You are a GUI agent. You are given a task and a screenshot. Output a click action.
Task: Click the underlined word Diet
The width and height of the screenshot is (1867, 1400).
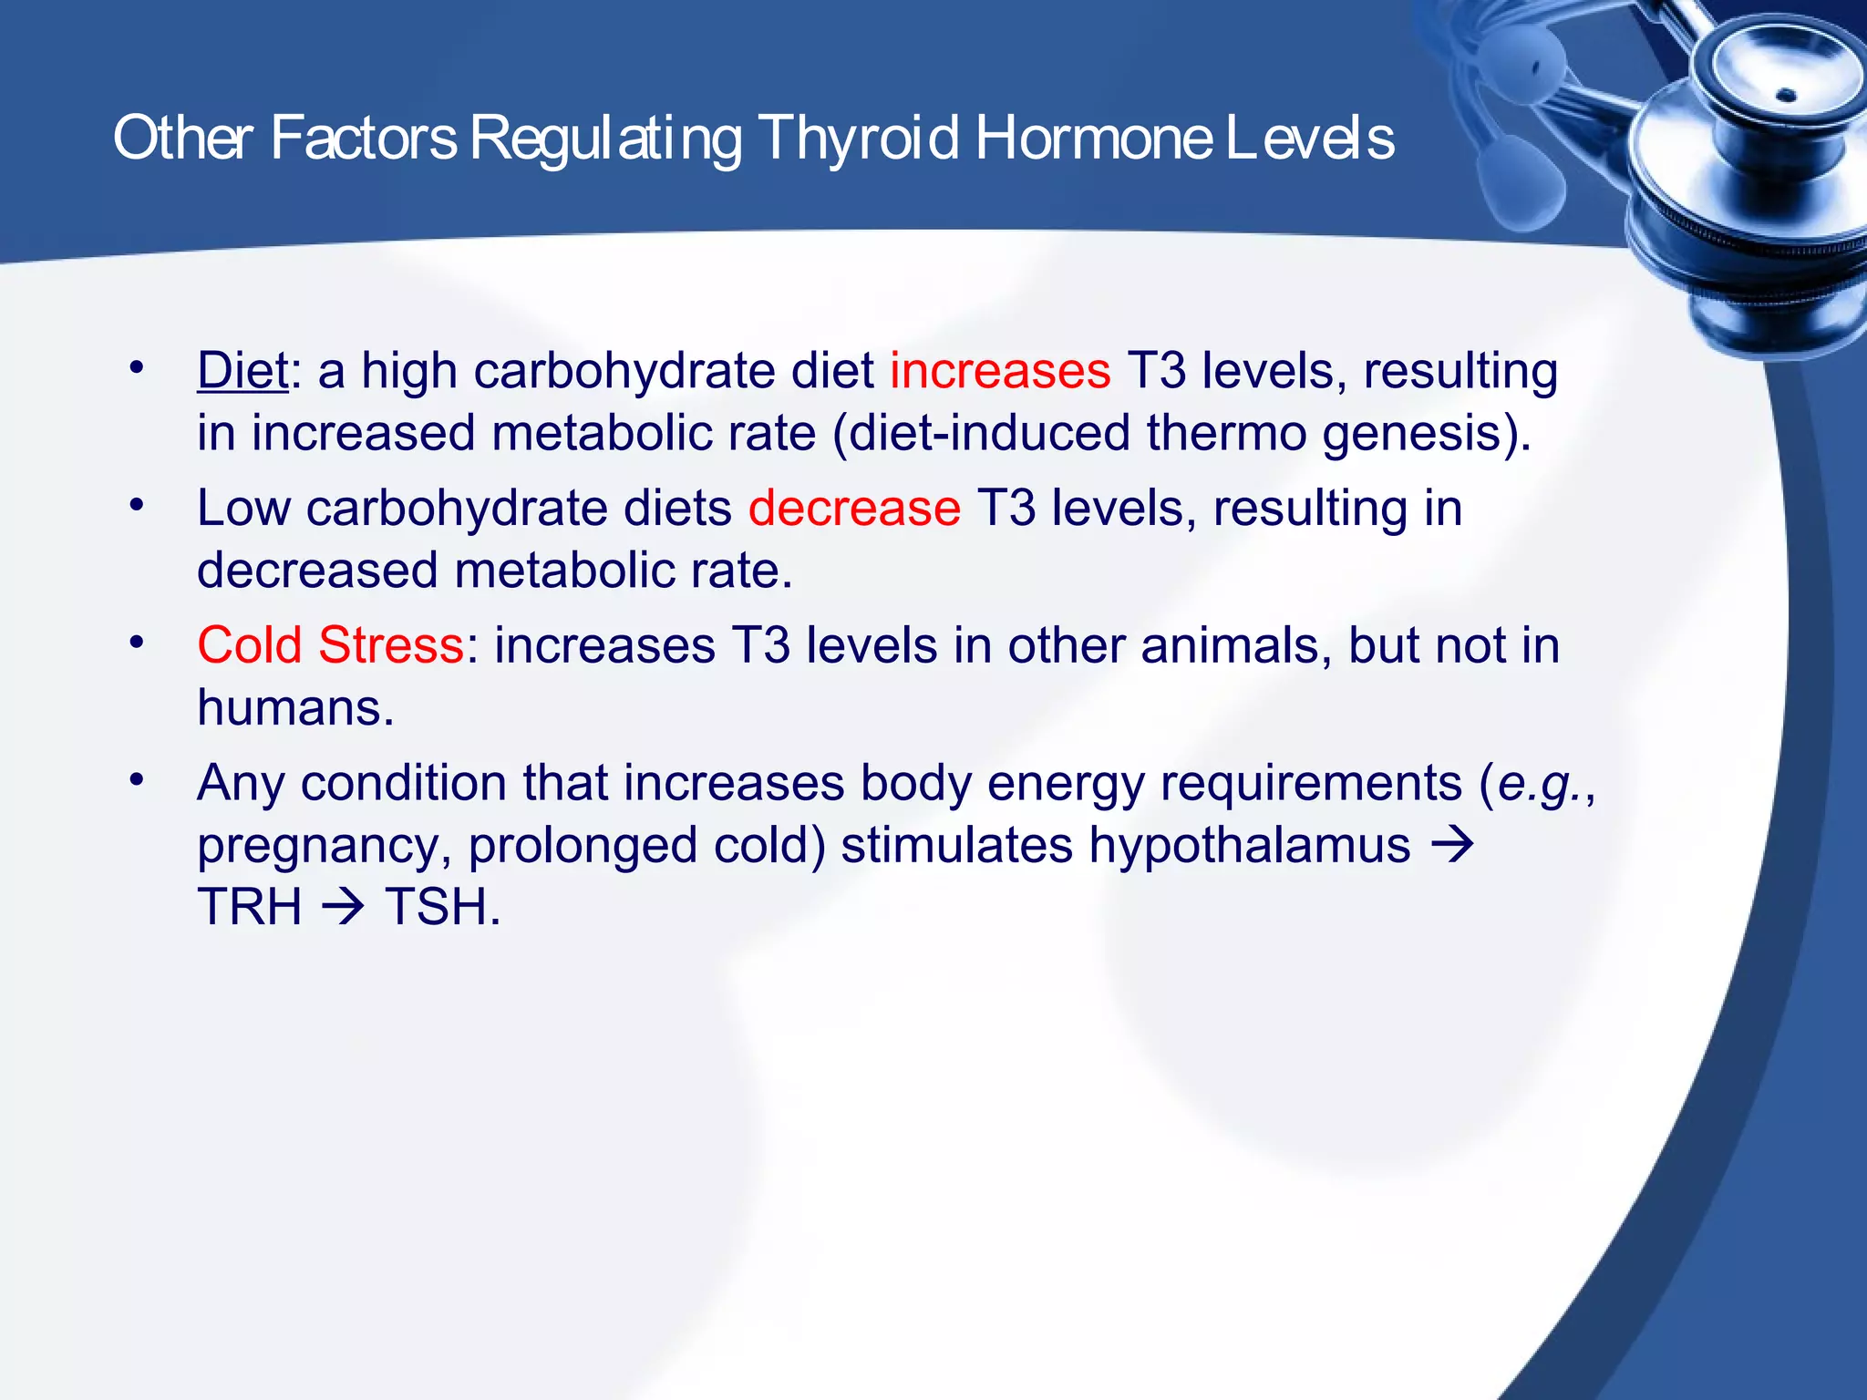click(x=242, y=372)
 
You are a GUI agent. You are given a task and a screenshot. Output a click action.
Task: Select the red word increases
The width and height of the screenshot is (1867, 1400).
click(x=1000, y=372)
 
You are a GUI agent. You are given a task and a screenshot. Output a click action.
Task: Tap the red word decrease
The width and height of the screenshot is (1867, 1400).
click(x=854, y=509)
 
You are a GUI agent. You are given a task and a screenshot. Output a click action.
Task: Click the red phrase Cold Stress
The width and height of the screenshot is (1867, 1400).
click(x=330, y=645)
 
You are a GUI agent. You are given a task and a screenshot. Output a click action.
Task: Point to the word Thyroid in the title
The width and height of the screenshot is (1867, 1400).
click(x=858, y=139)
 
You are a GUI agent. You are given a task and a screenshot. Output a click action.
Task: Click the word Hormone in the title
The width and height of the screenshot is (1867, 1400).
click(x=1094, y=139)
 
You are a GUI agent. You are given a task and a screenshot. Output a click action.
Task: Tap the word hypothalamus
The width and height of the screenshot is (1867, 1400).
click(x=1250, y=845)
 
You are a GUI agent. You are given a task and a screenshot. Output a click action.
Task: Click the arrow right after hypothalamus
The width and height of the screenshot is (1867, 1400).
click(x=1451, y=845)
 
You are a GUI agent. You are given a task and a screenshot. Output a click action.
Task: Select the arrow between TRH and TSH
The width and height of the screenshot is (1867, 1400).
click(x=344, y=907)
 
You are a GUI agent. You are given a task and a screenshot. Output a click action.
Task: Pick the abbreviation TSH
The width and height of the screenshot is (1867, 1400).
click(x=442, y=907)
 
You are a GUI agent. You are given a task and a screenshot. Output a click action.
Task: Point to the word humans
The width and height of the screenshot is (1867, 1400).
click(x=295, y=708)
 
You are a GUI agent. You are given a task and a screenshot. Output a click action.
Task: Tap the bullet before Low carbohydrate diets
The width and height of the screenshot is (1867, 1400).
click(x=137, y=505)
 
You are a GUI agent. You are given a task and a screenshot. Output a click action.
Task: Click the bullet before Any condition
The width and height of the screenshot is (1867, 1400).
click(x=137, y=780)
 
